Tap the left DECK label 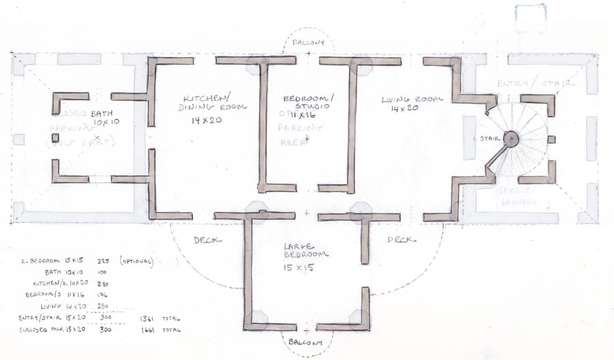tap(206, 240)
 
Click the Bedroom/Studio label tap(307, 102)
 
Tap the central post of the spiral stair tap(510, 138)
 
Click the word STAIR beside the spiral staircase tap(487, 138)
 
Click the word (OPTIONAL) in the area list tap(136, 261)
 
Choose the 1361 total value tap(146, 318)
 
